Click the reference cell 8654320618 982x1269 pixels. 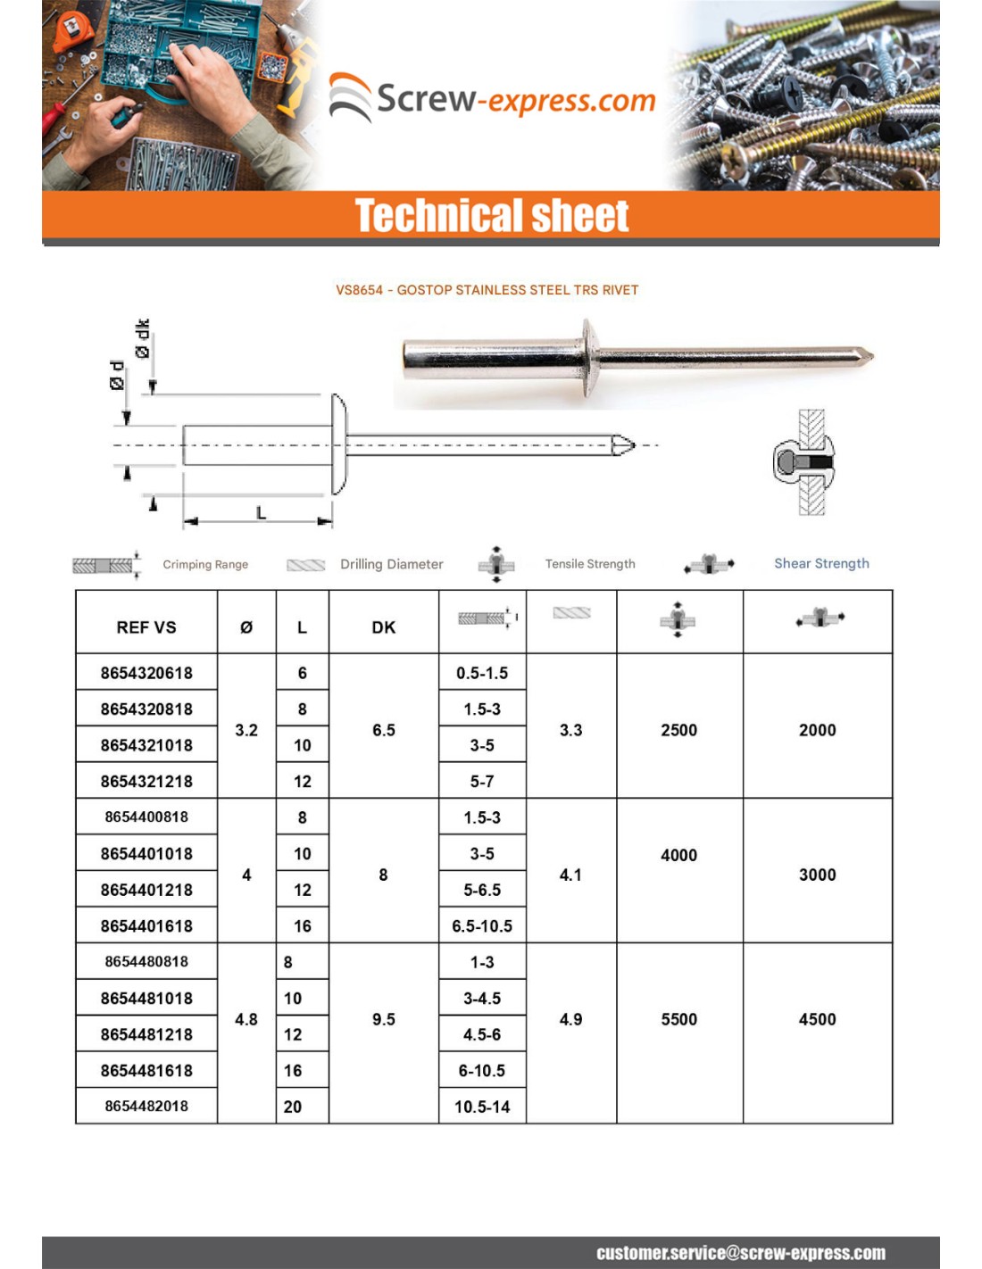pos(146,673)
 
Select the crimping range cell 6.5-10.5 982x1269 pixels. pos(482,926)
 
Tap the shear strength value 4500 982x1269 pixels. pos(817,1019)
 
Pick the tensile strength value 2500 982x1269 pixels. pos(678,730)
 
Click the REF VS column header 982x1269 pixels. pos(146,627)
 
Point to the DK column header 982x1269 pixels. pos(384,627)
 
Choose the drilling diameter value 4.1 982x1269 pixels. pos(570,875)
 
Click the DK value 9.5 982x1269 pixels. pos(384,1019)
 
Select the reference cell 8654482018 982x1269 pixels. pos(146,1107)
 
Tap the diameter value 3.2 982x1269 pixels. pos(246,730)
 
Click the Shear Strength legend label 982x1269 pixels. pos(821,563)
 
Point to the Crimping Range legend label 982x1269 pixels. pos(205,564)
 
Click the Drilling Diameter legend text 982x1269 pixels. pos(391,564)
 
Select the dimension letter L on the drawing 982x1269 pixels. pos(261,513)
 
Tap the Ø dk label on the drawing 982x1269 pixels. pos(143,339)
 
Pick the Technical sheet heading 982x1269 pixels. pos(492,216)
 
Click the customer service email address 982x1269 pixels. pos(741,1253)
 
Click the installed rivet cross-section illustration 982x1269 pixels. pos(804,462)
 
